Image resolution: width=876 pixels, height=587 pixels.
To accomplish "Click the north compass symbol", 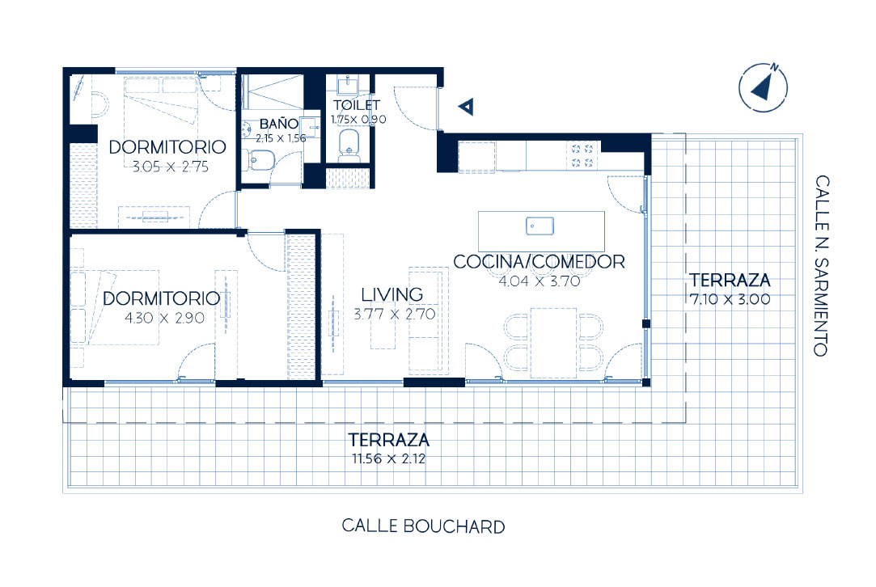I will coord(764,86).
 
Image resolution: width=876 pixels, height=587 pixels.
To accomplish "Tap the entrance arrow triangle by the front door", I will coord(465,106).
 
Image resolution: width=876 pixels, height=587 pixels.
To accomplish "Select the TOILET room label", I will coord(357,105).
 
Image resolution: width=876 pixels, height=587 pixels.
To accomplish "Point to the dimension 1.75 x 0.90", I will coord(358,119).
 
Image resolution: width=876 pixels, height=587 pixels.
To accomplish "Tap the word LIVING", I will coord(391,294).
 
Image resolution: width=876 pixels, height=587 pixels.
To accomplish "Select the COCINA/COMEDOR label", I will coord(539,262).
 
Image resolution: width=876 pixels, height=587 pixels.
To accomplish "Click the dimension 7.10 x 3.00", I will coord(729,298).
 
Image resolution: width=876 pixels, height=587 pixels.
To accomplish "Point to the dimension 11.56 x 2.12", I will coord(388,459).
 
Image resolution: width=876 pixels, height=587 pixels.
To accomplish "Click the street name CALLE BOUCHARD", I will coord(423,527).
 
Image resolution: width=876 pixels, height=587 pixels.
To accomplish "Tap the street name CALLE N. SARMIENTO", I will coord(822,266).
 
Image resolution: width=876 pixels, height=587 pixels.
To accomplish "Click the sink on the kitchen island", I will coord(537,226).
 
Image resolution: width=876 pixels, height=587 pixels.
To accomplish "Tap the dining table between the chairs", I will coord(553,342).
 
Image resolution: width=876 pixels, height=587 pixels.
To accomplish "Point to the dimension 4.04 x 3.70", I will coord(540,282).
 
